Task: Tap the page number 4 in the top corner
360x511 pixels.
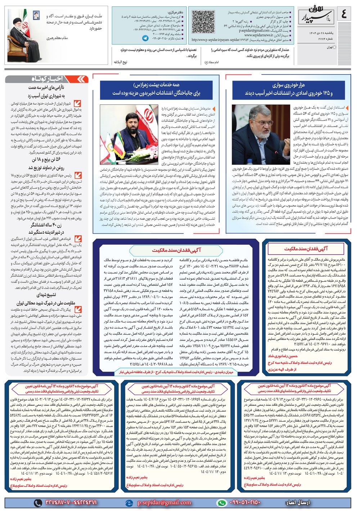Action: click(343, 14)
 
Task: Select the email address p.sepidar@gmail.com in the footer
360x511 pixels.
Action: click(164, 502)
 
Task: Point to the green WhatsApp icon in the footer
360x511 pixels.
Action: click(221, 503)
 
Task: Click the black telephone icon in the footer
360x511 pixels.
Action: click(38, 503)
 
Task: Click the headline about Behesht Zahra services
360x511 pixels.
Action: click(156, 89)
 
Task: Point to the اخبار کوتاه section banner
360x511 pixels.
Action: click(47, 79)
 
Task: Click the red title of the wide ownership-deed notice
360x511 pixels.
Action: click(176, 250)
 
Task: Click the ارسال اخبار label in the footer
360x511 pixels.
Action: click(298, 502)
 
